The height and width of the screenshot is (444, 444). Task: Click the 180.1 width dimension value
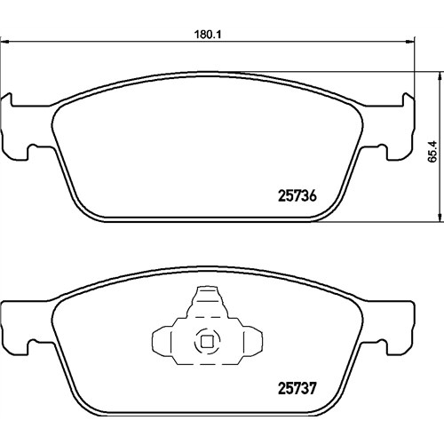coord(208,35)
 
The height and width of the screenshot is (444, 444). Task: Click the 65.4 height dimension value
coord(432,151)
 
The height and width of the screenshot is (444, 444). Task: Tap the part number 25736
coord(297,196)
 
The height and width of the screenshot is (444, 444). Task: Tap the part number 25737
coord(297,388)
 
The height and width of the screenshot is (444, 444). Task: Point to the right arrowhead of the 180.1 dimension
coord(408,42)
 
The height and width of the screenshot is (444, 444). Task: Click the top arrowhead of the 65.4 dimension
coord(439,75)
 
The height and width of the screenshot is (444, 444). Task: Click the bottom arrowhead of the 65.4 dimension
coord(439,218)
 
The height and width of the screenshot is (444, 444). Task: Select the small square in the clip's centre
coord(207,342)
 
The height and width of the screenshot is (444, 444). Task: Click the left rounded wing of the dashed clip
coord(162,341)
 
